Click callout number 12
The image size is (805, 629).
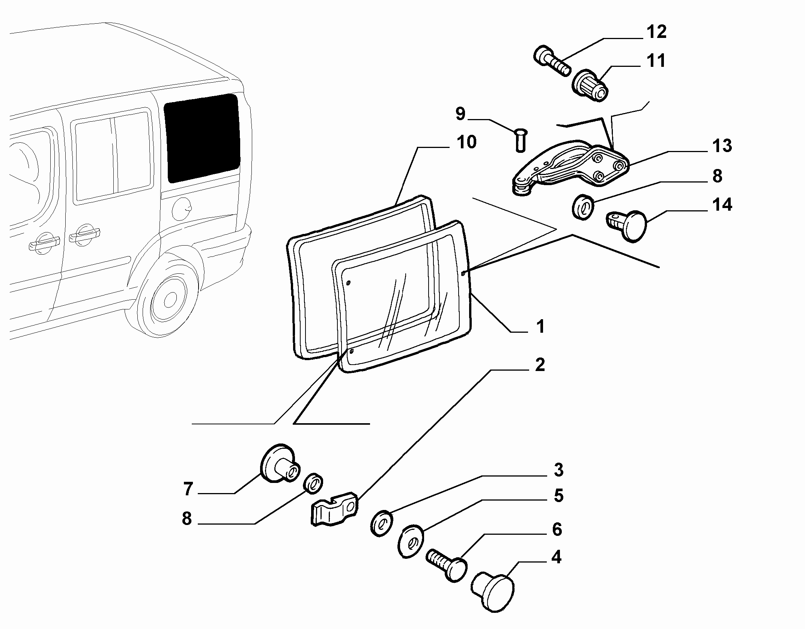point(656,32)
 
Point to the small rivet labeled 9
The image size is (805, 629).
point(521,140)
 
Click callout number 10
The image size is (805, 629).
point(466,142)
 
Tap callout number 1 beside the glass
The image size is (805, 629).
point(540,326)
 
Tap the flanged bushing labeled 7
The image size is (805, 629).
point(280,464)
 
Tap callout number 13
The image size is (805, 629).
point(722,146)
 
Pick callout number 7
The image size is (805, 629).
point(188,489)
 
